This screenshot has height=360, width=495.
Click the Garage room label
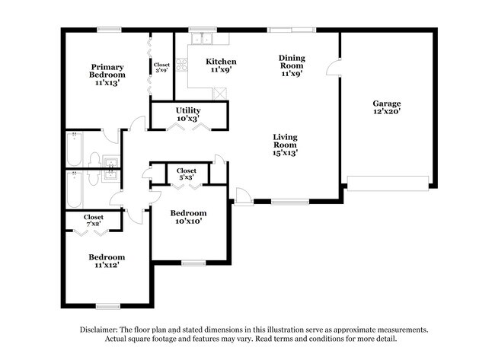coord(387,104)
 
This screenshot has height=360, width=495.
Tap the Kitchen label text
coord(221,62)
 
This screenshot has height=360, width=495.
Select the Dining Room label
coord(292,62)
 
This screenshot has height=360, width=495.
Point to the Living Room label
coord(285,141)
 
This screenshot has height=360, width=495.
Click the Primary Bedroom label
coord(107,71)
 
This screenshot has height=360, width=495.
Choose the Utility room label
coord(188,110)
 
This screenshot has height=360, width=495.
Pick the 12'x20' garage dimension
coord(387,111)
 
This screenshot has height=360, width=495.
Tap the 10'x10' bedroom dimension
coord(188,221)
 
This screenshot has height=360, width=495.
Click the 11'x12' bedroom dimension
coord(107,265)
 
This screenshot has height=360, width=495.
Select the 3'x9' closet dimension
coord(161,70)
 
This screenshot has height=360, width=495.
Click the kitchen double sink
coord(202,39)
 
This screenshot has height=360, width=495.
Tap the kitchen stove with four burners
coord(182,65)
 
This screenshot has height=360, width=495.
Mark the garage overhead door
coord(388,183)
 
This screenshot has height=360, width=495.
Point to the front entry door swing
coord(244,196)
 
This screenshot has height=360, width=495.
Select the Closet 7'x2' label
coord(94,221)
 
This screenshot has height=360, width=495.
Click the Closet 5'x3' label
coord(187,174)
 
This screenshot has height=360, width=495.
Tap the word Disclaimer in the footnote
coord(99,330)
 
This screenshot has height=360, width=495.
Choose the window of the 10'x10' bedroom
coord(193,263)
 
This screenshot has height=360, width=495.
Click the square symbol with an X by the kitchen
coord(220,94)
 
